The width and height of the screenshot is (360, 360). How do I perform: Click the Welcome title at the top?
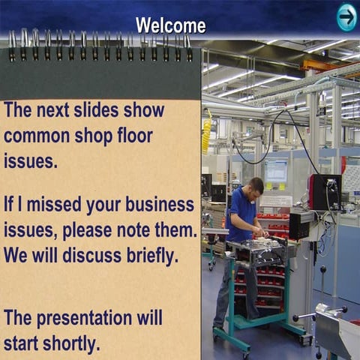tap(170, 25)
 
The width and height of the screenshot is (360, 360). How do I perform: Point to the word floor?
tap(134, 136)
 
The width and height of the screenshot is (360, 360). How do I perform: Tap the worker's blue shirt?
tap(242, 214)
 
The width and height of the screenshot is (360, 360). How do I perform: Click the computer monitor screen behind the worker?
tap(276, 172)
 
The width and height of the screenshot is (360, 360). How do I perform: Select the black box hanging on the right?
tap(325, 192)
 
